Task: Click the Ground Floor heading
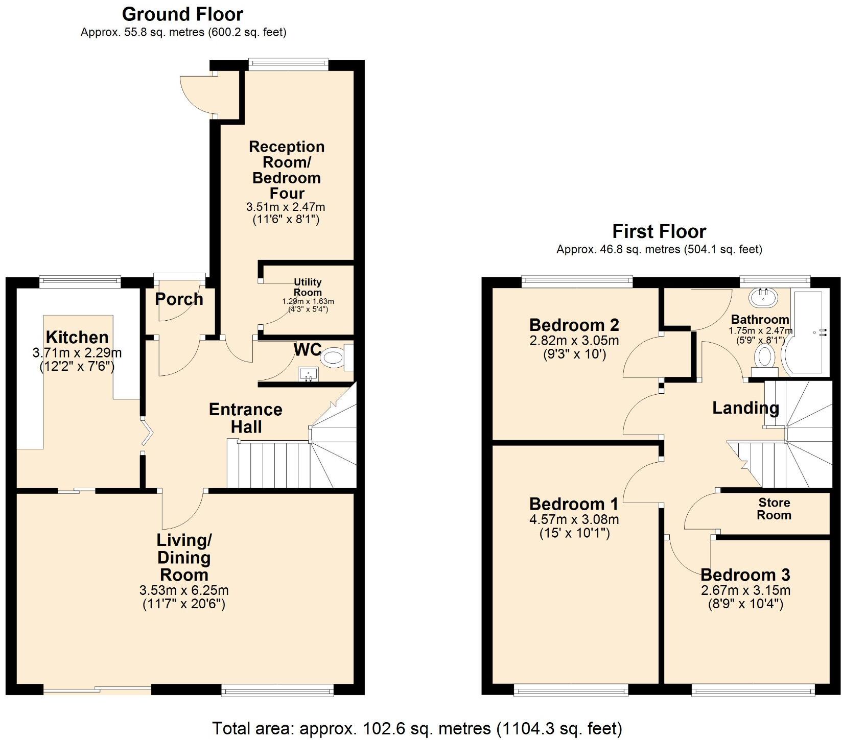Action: coord(182,14)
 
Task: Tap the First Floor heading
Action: coord(659,231)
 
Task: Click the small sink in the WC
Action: coord(308,374)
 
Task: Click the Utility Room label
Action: coord(308,287)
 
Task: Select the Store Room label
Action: coord(774,509)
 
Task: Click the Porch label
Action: coord(179,299)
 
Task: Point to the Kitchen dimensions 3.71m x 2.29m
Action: coord(77,352)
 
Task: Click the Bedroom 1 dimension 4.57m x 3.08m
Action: coord(574,519)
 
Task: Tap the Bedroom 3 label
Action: coord(745,575)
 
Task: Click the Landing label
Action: coord(745,408)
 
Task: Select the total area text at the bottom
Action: coord(417,728)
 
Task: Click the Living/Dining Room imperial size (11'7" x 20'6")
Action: coord(184,604)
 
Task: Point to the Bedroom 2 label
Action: coord(574,325)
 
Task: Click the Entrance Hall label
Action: coord(246,418)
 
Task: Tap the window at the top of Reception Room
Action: coord(288,63)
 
